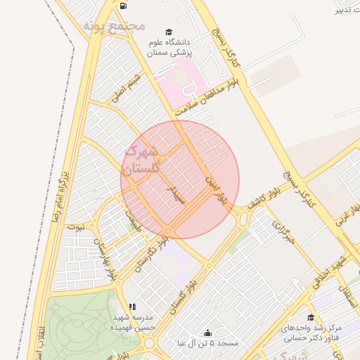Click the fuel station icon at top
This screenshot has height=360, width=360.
click(x=124, y=6)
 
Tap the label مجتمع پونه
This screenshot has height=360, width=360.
click(x=114, y=26)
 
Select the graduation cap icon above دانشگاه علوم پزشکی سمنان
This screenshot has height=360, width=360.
click(x=168, y=32)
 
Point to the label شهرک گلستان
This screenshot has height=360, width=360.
click(x=142, y=160)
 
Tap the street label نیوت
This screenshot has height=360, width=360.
click(x=74, y=227)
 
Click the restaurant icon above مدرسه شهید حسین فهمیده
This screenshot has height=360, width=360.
click(x=133, y=307)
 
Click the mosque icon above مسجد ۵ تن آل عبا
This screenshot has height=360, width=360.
click(x=207, y=332)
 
